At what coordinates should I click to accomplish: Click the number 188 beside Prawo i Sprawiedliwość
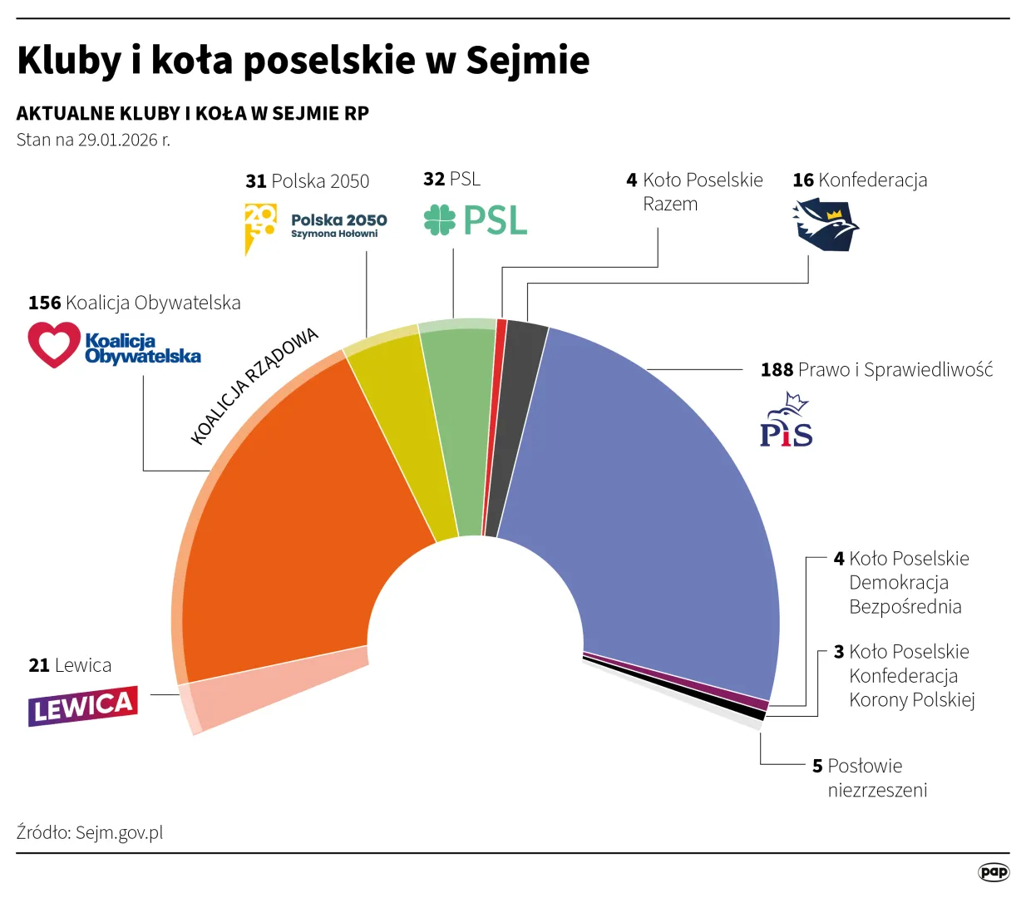(777, 370)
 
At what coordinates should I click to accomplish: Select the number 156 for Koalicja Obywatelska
(45, 303)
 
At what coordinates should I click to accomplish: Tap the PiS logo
(786, 422)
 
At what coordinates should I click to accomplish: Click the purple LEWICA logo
(83, 707)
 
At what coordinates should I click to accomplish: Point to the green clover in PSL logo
(439, 220)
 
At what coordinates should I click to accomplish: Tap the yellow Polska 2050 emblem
(259, 224)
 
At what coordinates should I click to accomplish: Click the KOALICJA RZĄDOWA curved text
(254, 386)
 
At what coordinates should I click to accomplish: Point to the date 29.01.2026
(117, 140)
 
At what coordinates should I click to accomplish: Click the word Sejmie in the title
(527, 60)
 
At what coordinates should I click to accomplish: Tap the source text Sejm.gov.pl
(119, 832)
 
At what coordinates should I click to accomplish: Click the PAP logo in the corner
(993, 871)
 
